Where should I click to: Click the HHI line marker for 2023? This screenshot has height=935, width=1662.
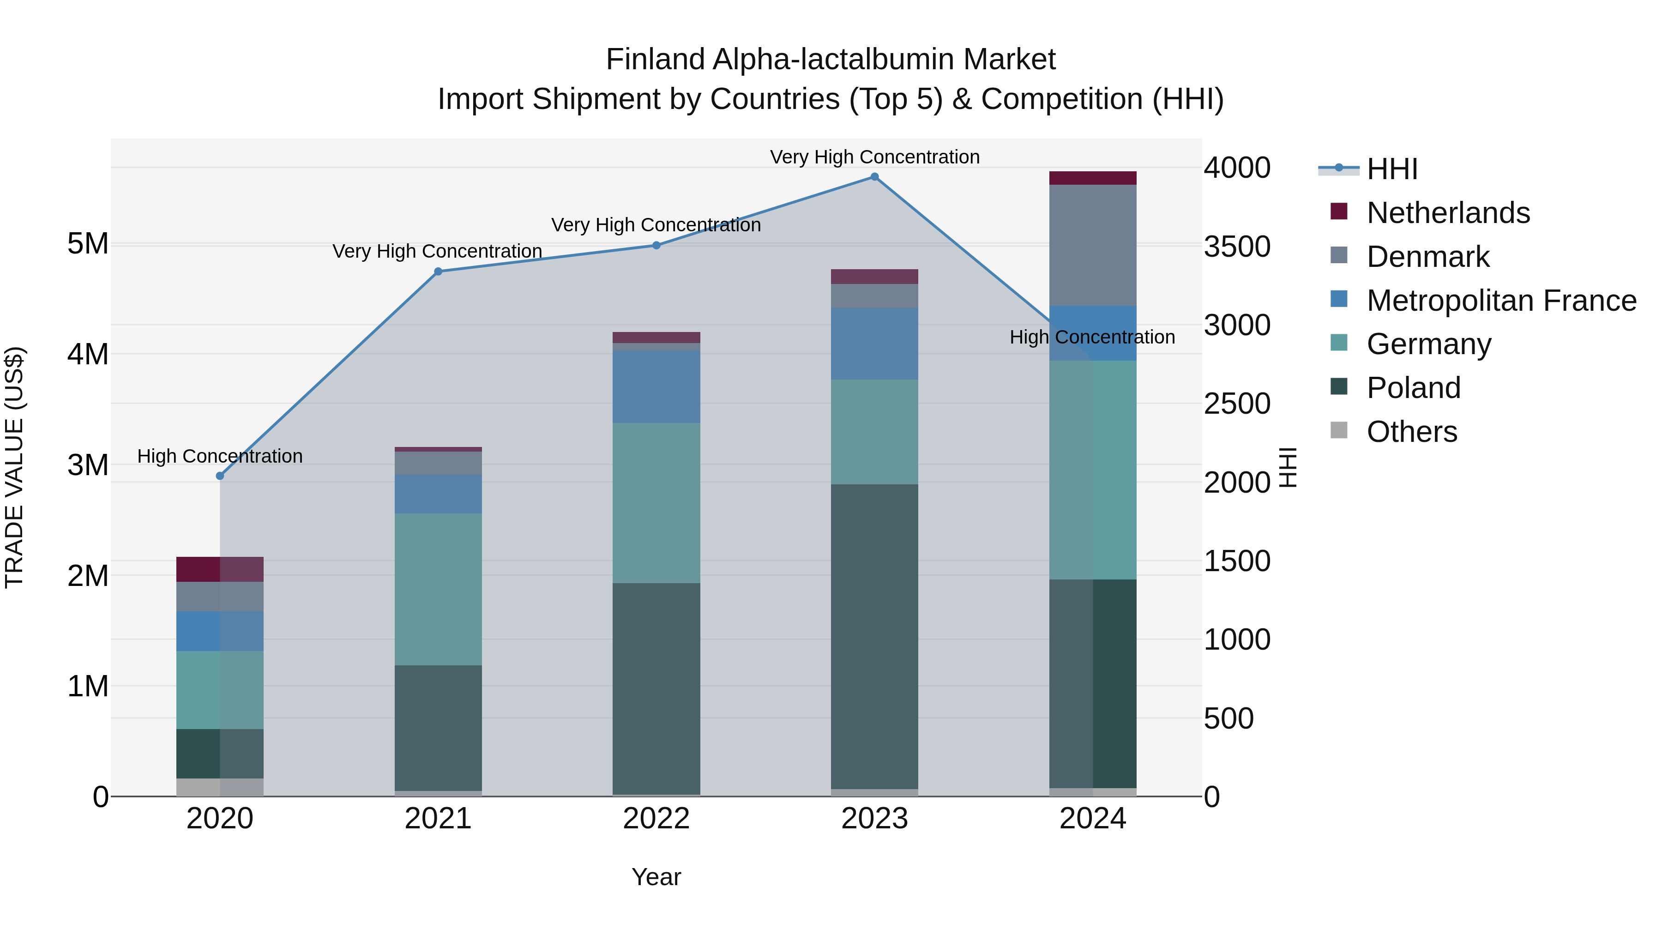(874, 177)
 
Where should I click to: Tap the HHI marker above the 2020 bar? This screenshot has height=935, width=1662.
(220, 476)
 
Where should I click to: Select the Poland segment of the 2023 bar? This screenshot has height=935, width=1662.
(874, 636)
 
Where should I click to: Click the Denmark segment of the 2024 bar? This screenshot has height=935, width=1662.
(1092, 245)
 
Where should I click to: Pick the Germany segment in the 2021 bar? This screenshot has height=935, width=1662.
(438, 589)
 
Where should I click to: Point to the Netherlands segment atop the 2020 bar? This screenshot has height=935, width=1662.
(220, 569)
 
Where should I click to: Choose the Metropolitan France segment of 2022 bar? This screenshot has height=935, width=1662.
(656, 386)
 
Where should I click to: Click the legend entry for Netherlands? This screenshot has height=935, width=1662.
(1447, 213)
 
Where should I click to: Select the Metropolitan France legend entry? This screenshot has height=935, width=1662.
(1501, 301)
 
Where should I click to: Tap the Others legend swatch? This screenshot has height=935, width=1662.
(1339, 430)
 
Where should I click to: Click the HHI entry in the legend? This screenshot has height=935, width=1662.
(1391, 169)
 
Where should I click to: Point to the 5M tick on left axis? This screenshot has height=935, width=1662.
(88, 244)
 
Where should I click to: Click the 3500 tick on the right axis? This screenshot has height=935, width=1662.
(1237, 247)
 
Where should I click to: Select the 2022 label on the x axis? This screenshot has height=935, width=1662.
(656, 819)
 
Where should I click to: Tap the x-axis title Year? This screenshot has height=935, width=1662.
(656, 877)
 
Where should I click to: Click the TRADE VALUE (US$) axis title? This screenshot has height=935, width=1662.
(14, 467)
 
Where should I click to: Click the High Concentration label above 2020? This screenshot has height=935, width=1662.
(220, 456)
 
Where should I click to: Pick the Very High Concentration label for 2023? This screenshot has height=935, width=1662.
(874, 157)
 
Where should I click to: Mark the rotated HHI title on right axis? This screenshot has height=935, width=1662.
(1288, 467)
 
